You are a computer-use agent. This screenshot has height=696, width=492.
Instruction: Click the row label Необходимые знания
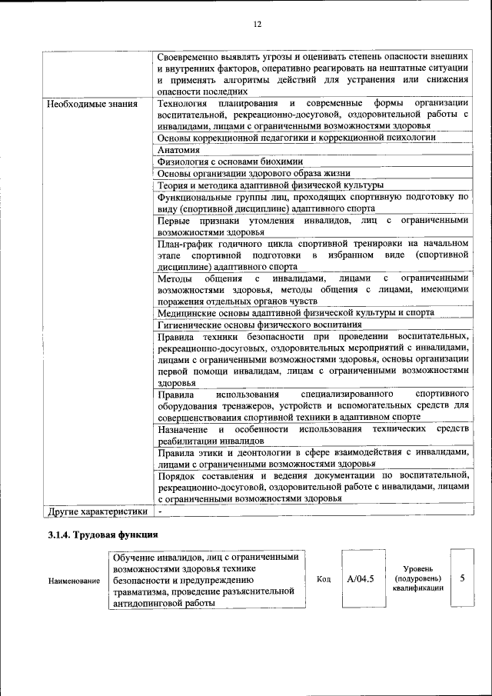coord(92,104)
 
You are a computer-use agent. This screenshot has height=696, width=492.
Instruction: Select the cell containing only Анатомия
coord(178,150)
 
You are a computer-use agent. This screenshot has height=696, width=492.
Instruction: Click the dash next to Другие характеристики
coord(160,511)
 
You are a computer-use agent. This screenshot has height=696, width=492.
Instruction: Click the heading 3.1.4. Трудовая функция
coord(103,534)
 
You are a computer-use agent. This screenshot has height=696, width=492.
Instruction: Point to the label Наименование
coord(74,581)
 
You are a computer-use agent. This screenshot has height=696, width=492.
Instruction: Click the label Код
coord(324,580)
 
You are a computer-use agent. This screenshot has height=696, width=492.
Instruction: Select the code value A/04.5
coord(360,579)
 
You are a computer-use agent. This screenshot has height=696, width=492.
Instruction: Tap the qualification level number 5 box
coord(462,578)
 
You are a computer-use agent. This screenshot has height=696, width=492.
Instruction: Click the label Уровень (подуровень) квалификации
coord(417,578)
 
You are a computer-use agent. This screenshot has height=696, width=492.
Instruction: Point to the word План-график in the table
coord(184,243)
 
